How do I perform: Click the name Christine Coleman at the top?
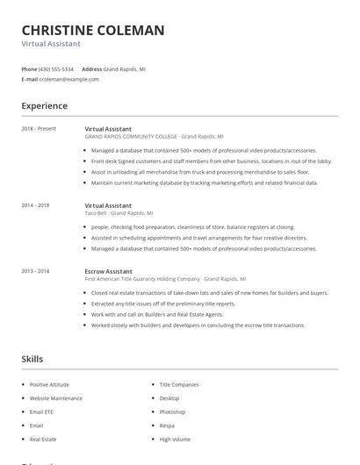92,31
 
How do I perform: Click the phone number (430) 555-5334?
56,68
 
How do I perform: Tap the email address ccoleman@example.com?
69,79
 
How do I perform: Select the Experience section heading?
45,106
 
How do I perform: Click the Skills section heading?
32,359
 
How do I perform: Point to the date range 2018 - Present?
39,128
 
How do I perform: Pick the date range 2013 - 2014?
35,271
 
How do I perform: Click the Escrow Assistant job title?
108,271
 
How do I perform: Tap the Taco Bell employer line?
119,212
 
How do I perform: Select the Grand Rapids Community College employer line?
154,136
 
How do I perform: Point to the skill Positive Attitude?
49,384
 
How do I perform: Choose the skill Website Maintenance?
55,398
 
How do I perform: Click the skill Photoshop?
172,411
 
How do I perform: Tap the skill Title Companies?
179,384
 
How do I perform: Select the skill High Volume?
175,439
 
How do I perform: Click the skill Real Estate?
43,439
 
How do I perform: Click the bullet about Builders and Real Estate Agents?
157,314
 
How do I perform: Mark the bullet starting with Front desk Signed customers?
211,161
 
